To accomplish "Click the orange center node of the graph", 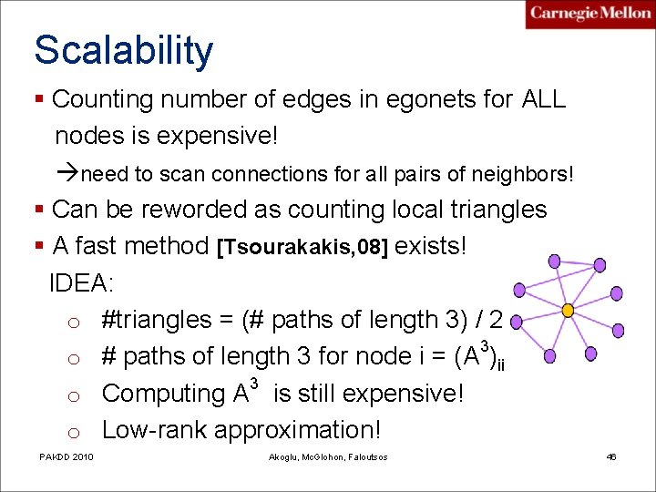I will click(567, 311).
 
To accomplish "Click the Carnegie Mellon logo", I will click(589, 14).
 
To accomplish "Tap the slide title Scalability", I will click(123, 51).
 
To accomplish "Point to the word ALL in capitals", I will click(543, 99).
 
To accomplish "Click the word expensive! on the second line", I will click(217, 136).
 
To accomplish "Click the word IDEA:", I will click(81, 282).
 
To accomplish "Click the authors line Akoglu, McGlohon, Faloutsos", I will click(329, 456).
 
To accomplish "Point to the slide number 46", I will click(611, 456).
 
